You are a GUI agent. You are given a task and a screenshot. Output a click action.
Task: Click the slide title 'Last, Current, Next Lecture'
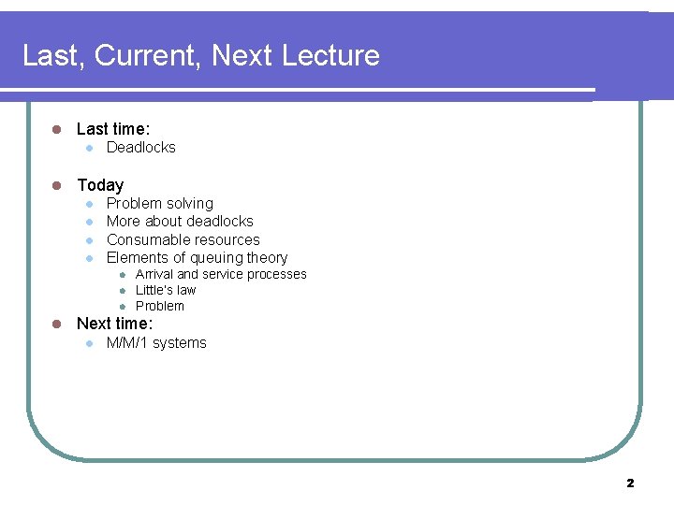click(200, 56)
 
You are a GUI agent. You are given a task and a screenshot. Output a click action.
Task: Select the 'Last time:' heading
click(112, 129)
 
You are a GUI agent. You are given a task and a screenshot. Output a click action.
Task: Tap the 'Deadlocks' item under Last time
click(140, 148)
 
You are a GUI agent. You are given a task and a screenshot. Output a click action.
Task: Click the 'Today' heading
click(99, 185)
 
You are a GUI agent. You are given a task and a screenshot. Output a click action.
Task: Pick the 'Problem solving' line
click(159, 204)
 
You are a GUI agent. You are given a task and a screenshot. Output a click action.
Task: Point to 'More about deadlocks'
click(180, 222)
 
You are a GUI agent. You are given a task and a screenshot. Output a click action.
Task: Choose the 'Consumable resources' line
click(183, 239)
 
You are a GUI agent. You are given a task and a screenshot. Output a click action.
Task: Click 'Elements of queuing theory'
click(197, 258)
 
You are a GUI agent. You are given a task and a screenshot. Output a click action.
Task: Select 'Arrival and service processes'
click(221, 275)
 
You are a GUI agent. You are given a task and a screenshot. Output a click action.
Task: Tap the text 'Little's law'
click(166, 291)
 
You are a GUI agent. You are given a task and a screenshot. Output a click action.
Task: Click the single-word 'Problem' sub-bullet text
click(160, 307)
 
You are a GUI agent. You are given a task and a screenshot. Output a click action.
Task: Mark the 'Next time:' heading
click(113, 324)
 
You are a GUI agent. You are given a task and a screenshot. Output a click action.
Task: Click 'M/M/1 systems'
click(156, 343)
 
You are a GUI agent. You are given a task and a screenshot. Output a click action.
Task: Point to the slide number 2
click(630, 483)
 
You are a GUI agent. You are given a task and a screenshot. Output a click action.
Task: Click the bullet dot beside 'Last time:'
click(56, 130)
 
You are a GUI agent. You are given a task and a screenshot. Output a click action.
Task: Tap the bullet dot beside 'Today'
click(56, 185)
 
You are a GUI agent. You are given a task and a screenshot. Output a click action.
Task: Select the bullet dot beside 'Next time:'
click(56, 324)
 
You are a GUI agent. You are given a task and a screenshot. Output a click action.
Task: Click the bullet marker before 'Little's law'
click(122, 291)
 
